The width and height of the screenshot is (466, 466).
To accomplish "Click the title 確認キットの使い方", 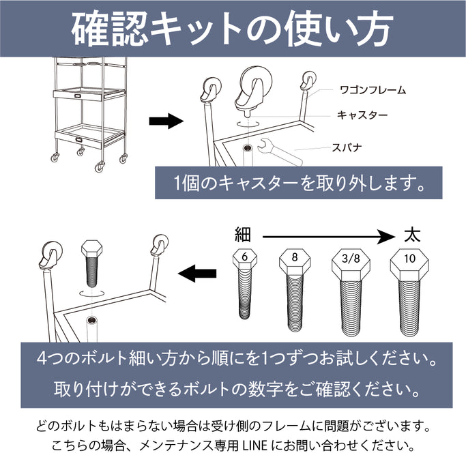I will point(233,28).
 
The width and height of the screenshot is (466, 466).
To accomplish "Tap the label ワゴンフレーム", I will point(372,89).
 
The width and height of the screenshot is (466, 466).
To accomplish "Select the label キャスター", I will point(362,115).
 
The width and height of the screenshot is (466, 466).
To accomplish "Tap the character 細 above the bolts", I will point(243,235).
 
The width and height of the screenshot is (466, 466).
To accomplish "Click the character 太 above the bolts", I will point(411,235).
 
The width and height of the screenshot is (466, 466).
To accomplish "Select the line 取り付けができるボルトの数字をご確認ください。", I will point(236,390).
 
